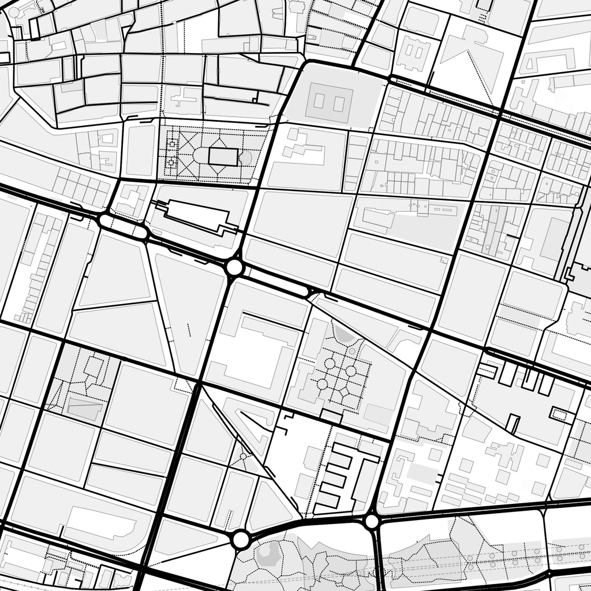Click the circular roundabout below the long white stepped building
[234, 267]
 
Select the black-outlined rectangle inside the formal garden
[222, 156]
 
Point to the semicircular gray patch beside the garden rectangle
[246, 158]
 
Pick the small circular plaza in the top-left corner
[13, 12]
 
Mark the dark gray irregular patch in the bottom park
[267, 554]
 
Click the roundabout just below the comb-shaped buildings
[372, 522]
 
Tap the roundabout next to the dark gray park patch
[241, 540]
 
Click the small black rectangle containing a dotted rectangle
[560, 414]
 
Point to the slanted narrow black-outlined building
[512, 424]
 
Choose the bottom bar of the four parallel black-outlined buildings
[327, 500]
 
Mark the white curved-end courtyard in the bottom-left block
[93, 522]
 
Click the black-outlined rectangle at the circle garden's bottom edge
[331, 416]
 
